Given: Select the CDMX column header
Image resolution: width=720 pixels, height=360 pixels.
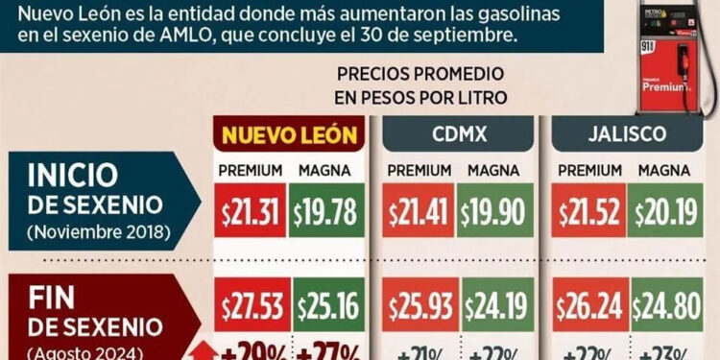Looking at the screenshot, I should point(458,135).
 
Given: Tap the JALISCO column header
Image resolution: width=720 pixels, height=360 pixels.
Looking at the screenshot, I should point(626,135).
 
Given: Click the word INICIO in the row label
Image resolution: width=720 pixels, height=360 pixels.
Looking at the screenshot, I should point(74,176).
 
